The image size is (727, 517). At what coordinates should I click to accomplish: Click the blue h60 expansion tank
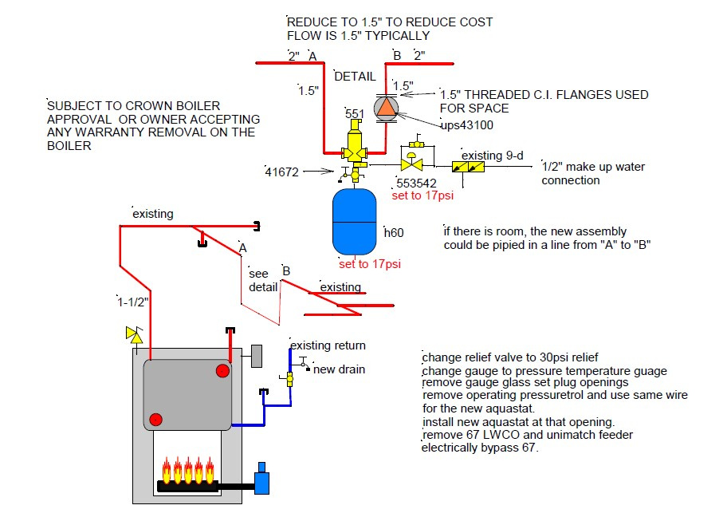(355, 222)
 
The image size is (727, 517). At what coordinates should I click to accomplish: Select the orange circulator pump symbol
(386, 108)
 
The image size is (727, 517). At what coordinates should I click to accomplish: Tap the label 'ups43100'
(466, 125)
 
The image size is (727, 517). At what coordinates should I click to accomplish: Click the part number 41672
(282, 172)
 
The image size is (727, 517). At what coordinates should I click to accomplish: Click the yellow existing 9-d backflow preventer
(468, 167)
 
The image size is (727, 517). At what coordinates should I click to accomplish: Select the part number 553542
(416, 184)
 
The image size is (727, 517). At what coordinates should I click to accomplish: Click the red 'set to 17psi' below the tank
(370, 264)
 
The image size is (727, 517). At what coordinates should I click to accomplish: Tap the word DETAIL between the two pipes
(355, 77)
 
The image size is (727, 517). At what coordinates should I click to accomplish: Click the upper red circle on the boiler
(222, 371)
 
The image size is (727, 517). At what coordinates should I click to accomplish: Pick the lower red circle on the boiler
(155, 420)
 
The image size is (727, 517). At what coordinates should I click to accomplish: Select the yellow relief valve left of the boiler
(135, 335)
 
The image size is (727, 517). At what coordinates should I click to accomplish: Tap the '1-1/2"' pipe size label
(133, 302)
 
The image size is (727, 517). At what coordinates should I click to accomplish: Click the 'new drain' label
(339, 369)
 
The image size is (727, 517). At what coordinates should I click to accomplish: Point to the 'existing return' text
(328, 345)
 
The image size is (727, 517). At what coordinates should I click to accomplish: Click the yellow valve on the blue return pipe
(289, 379)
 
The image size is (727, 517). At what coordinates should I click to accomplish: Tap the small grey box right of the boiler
(257, 356)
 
